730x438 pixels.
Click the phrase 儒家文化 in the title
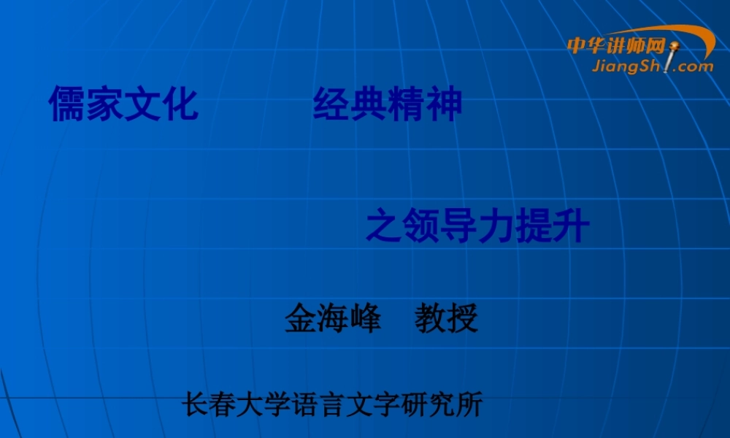[123, 103]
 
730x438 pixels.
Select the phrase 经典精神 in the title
[388, 104]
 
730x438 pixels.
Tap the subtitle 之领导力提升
[477, 226]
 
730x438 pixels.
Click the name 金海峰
[333, 318]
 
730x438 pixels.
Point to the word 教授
[446, 318]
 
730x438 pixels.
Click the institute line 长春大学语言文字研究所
[333, 404]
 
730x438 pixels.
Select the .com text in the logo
[694, 66]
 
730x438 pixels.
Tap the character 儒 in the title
[67, 103]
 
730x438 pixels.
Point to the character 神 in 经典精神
[445, 104]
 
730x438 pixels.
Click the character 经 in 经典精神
[331, 104]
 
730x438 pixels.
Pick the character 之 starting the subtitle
[383, 226]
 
